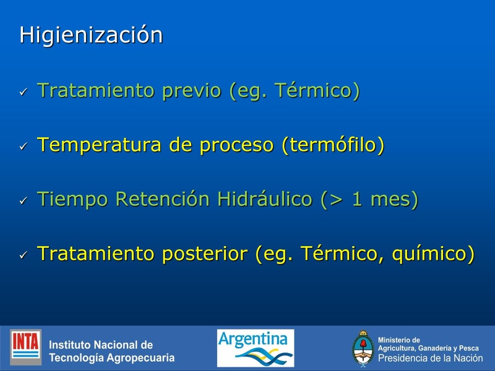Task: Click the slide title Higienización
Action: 91,35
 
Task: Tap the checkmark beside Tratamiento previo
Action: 23,92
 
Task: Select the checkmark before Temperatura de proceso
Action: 23,147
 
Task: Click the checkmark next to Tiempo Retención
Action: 23,201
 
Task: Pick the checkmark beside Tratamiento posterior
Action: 23,255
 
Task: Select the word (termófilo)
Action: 333,145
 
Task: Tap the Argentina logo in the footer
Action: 255,348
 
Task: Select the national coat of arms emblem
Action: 363,349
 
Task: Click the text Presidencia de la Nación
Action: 430,358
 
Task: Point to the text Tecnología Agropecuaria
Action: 111,358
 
